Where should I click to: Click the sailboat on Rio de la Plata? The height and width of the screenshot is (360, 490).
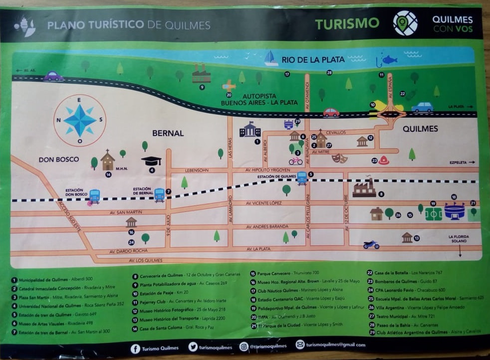[x=271, y=58]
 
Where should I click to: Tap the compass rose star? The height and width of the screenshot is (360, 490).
[x=80, y=120]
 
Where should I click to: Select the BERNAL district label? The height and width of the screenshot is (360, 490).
[x=168, y=134]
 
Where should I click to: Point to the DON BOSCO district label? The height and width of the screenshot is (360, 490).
[x=59, y=159]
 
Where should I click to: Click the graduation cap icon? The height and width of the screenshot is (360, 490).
[x=151, y=161]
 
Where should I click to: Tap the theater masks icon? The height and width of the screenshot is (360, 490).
[x=339, y=158]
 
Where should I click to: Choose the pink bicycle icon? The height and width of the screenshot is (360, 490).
[x=295, y=161]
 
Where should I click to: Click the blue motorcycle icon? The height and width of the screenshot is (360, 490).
[x=371, y=244]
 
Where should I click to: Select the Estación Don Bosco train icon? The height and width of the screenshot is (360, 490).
[x=94, y=196]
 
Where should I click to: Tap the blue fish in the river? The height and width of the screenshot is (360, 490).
[x=389, y=60]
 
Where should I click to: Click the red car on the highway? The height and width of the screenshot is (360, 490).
[x=331, y=112]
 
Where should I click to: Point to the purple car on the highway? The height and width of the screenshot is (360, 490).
[x=53, y=76]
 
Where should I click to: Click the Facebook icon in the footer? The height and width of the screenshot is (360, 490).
[x=135, y=349]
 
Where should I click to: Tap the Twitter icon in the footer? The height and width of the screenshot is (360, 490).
[x=193, y=347]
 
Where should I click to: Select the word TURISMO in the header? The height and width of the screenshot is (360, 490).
[x=347, y=23]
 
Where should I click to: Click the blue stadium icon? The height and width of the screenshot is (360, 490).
[x=454, y=211]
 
